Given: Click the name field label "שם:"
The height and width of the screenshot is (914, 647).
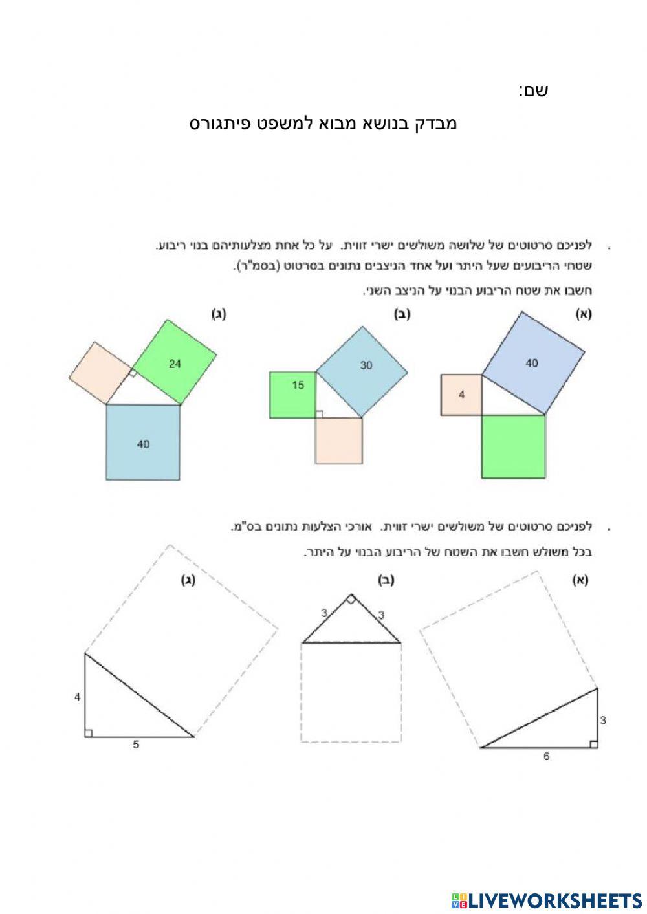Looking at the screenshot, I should coord(532,91).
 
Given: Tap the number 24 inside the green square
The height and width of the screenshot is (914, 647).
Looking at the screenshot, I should coord(175,364).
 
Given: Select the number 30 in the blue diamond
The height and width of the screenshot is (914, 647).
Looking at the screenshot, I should coord(366,365).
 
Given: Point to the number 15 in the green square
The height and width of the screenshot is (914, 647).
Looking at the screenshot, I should coord(298,386).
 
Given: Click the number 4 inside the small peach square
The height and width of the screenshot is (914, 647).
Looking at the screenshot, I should coord(461,395).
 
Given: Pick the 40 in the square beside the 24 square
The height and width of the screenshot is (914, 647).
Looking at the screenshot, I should coord(143,444).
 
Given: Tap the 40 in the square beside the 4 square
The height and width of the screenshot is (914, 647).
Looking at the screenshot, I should coord(531,364).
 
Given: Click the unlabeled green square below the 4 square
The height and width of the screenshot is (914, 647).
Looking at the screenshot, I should coord(513,446).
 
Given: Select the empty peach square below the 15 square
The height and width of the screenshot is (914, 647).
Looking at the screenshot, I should coord(338,441).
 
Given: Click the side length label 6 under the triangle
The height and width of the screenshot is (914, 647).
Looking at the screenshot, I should coord(546,756).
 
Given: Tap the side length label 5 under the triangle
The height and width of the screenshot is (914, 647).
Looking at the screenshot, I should coord(136,745).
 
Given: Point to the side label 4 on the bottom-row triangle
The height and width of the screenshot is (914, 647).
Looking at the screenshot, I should coord(77,697).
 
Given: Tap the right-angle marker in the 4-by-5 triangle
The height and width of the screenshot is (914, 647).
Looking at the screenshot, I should coord(89,732).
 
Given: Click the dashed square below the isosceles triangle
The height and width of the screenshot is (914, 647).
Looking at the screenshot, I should coord(351,692).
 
